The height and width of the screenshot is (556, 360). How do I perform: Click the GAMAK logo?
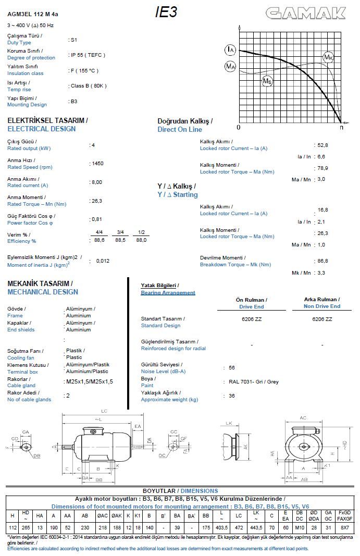pos(306,13)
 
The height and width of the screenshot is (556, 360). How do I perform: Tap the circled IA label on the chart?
pos(230,50)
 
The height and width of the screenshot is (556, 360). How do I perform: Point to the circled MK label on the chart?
pos(328,57)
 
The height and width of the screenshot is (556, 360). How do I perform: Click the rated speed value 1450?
pos(97,164)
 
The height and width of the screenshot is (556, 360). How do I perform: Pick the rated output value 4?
pos(93,145)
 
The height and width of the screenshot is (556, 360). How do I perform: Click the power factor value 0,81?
pos(96,219)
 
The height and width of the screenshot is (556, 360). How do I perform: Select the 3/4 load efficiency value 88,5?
pos(120,240)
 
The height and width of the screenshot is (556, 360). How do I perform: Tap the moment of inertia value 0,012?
pos(103,261)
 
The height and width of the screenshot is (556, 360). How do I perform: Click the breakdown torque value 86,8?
pos(322,261)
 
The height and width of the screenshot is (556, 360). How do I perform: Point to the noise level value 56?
pos(232,367)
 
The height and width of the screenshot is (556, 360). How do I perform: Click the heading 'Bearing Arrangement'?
pos(168,293)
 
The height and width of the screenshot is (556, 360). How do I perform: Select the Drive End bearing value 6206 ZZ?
pos(252,319)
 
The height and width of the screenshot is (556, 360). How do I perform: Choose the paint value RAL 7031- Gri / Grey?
pos(254,382)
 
